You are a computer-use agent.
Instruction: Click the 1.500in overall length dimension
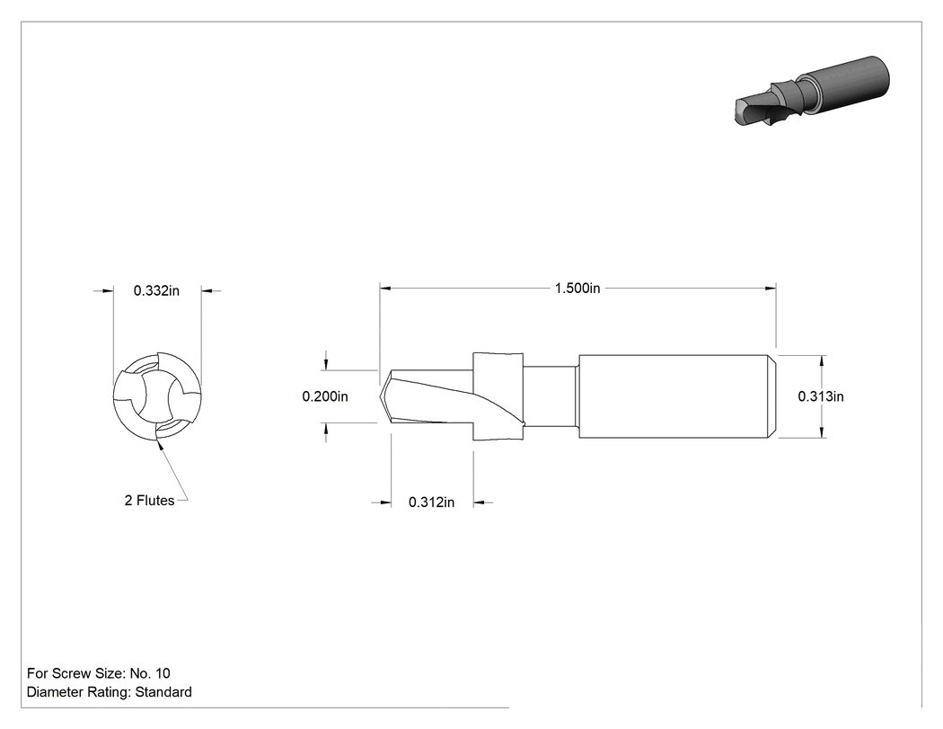point(577,289)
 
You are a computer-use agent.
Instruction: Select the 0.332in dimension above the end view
point(156,290)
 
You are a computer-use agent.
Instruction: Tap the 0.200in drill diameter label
point(325,396)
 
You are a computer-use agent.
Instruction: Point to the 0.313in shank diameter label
point(821,396)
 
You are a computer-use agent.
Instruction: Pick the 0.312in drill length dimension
point(431,502)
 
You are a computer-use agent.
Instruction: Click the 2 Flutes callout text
point(149,501)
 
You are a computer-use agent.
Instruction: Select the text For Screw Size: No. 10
point(99,673)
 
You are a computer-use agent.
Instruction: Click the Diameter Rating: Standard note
point(110,692)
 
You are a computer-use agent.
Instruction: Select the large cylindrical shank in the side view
point(677,396)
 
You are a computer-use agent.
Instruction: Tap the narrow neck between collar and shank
point(551,396)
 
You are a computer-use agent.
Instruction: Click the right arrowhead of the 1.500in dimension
point(771,289)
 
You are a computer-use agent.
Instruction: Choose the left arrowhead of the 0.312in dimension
point(385,502)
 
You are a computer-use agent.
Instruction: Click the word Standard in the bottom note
point(163,692)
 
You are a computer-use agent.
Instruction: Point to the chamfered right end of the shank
point(772,396)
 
